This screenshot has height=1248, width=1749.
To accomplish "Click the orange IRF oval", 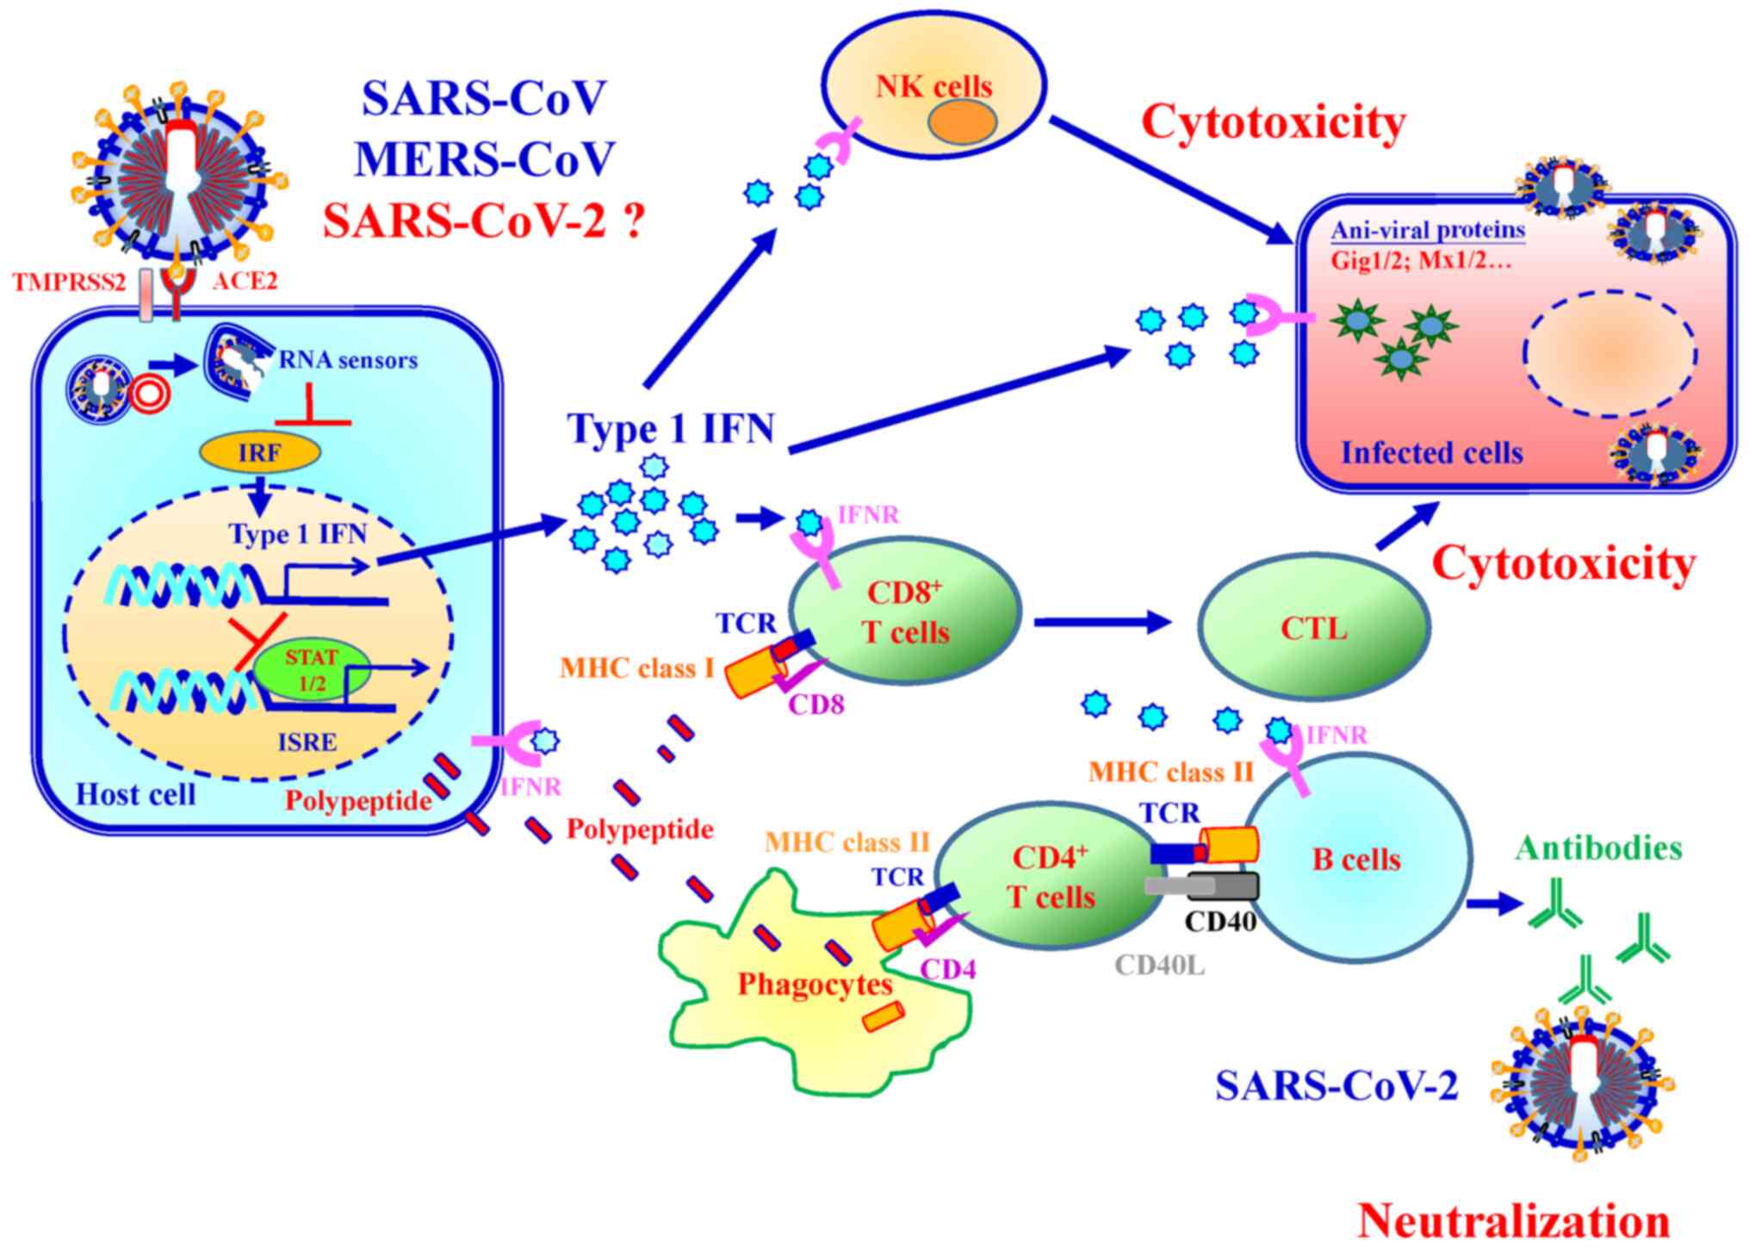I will tap(260, 452).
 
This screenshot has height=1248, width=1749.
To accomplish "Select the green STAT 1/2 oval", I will tap(312, 669).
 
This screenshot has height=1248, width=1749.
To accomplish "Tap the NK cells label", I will tap(934, 86).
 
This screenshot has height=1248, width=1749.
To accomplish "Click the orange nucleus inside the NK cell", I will tap(962, 122).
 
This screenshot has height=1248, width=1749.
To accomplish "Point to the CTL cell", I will tap(1314, 628).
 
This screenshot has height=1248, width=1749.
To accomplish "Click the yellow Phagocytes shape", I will tap(814, 990).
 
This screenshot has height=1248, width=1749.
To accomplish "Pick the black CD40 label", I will tap(1220, 922).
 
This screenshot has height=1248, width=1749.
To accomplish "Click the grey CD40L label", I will tap(1160, 965).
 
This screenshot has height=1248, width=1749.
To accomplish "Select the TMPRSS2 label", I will tap(69, 282).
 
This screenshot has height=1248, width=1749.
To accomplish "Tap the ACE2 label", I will tap(245, 282).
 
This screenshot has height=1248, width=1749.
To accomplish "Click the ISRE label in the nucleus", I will tap(307, 742).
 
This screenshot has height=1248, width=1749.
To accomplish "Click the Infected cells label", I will tap(1432, 452).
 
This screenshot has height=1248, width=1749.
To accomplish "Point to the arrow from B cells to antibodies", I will tap(1494, 904).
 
